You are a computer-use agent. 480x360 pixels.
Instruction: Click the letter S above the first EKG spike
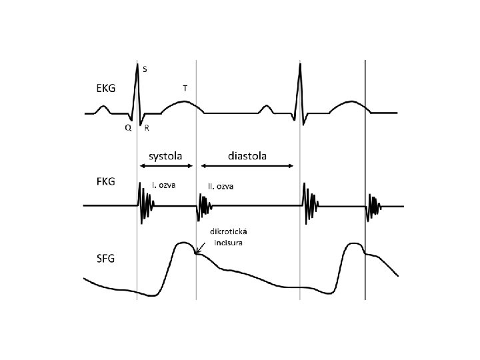click(145, 69)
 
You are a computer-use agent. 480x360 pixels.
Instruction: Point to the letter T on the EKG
click(185, 87)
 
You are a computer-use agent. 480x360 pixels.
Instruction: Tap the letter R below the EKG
click(146, 129)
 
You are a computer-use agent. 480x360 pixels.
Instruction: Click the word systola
click(167, 155)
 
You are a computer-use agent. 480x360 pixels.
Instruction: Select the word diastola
click(247, 155)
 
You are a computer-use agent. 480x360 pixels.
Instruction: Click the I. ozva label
click(164, 185)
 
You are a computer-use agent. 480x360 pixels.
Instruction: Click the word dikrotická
click(230, 232)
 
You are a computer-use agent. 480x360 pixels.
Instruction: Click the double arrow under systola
click(167, 166)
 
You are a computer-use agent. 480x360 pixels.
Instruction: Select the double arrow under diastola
click(247, 166)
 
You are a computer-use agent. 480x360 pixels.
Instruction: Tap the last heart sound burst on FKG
click(375, 206)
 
